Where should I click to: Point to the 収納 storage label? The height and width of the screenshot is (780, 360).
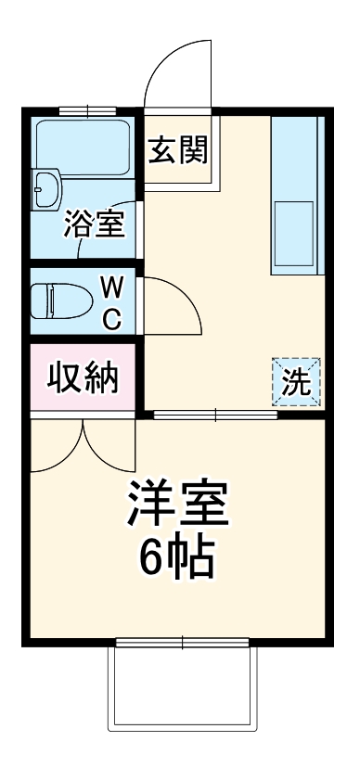pyautogui.click(x=82, y=380)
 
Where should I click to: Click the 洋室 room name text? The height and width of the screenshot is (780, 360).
pyautogui.click(x=179, y=507)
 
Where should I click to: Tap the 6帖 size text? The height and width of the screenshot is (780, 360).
pyautogui.click(x=178, y=556)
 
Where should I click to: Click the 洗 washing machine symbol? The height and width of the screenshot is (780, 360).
pyautogui.click(x=296, y=382)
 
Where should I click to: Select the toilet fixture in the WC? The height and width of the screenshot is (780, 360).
pyautogui.click(x=60, y=301)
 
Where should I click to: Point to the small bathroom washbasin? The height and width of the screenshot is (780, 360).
pyautogui.click(x=46, y=191)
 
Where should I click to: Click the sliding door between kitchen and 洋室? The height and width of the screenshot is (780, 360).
pyautogui.click(x=215, y=415)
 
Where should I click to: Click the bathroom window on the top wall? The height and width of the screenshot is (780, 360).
pyautogui.click(x=87, y=111)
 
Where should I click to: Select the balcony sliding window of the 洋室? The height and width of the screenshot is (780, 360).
pyautogui.click(x=182, y=642)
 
